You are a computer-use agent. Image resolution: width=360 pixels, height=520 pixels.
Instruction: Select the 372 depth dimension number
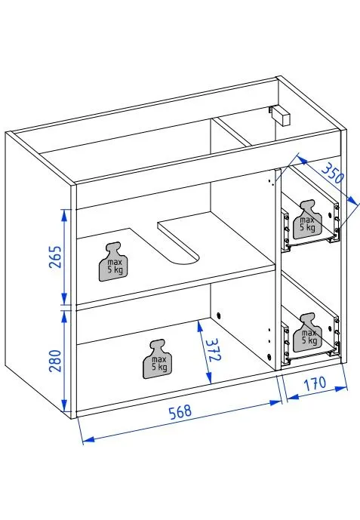pos(214,351)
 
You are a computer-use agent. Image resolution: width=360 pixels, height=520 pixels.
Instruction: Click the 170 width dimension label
pos(316,383)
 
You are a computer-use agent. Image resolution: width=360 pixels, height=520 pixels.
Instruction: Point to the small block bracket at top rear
pos(282,115)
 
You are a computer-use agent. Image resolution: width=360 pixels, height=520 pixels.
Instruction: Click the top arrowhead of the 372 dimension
pos(198,323)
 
